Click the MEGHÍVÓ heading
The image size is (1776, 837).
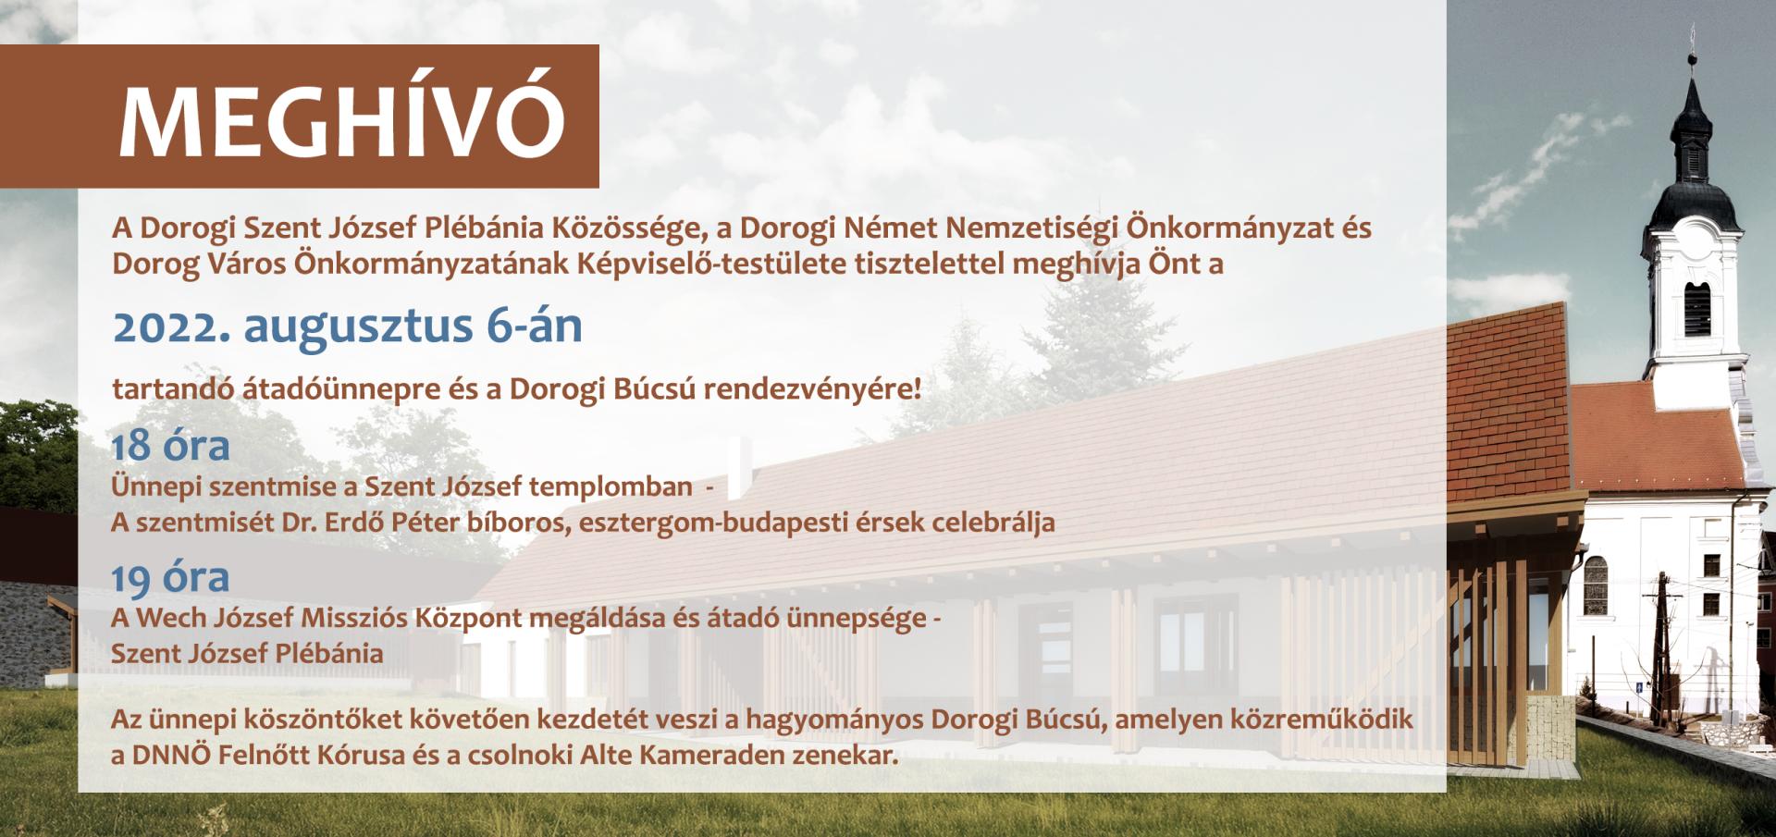[342, 121]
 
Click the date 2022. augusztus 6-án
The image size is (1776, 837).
[348, 327]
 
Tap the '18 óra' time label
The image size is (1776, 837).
[171, 446]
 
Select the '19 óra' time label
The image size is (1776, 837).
[171, 577]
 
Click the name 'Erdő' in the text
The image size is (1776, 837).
[357, 522]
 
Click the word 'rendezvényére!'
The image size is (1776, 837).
[812, 390]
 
